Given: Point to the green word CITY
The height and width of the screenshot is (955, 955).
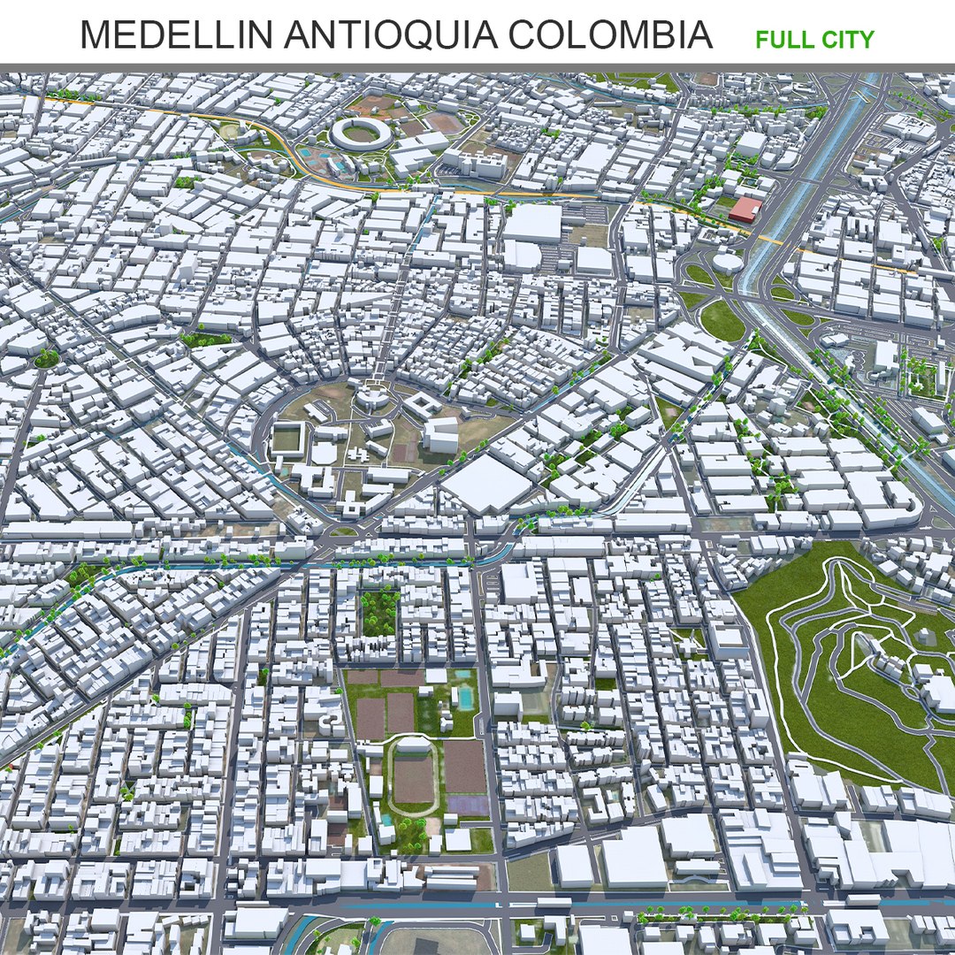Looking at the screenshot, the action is coord(846,40).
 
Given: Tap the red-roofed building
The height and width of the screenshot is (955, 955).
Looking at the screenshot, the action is coord(745,209).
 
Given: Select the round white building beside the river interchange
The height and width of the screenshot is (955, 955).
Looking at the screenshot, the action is coord(729,263).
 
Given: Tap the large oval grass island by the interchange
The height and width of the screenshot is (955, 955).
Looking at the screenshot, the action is coord(723,320).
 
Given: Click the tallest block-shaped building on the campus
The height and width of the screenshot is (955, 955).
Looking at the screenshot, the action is coord(440,434).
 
